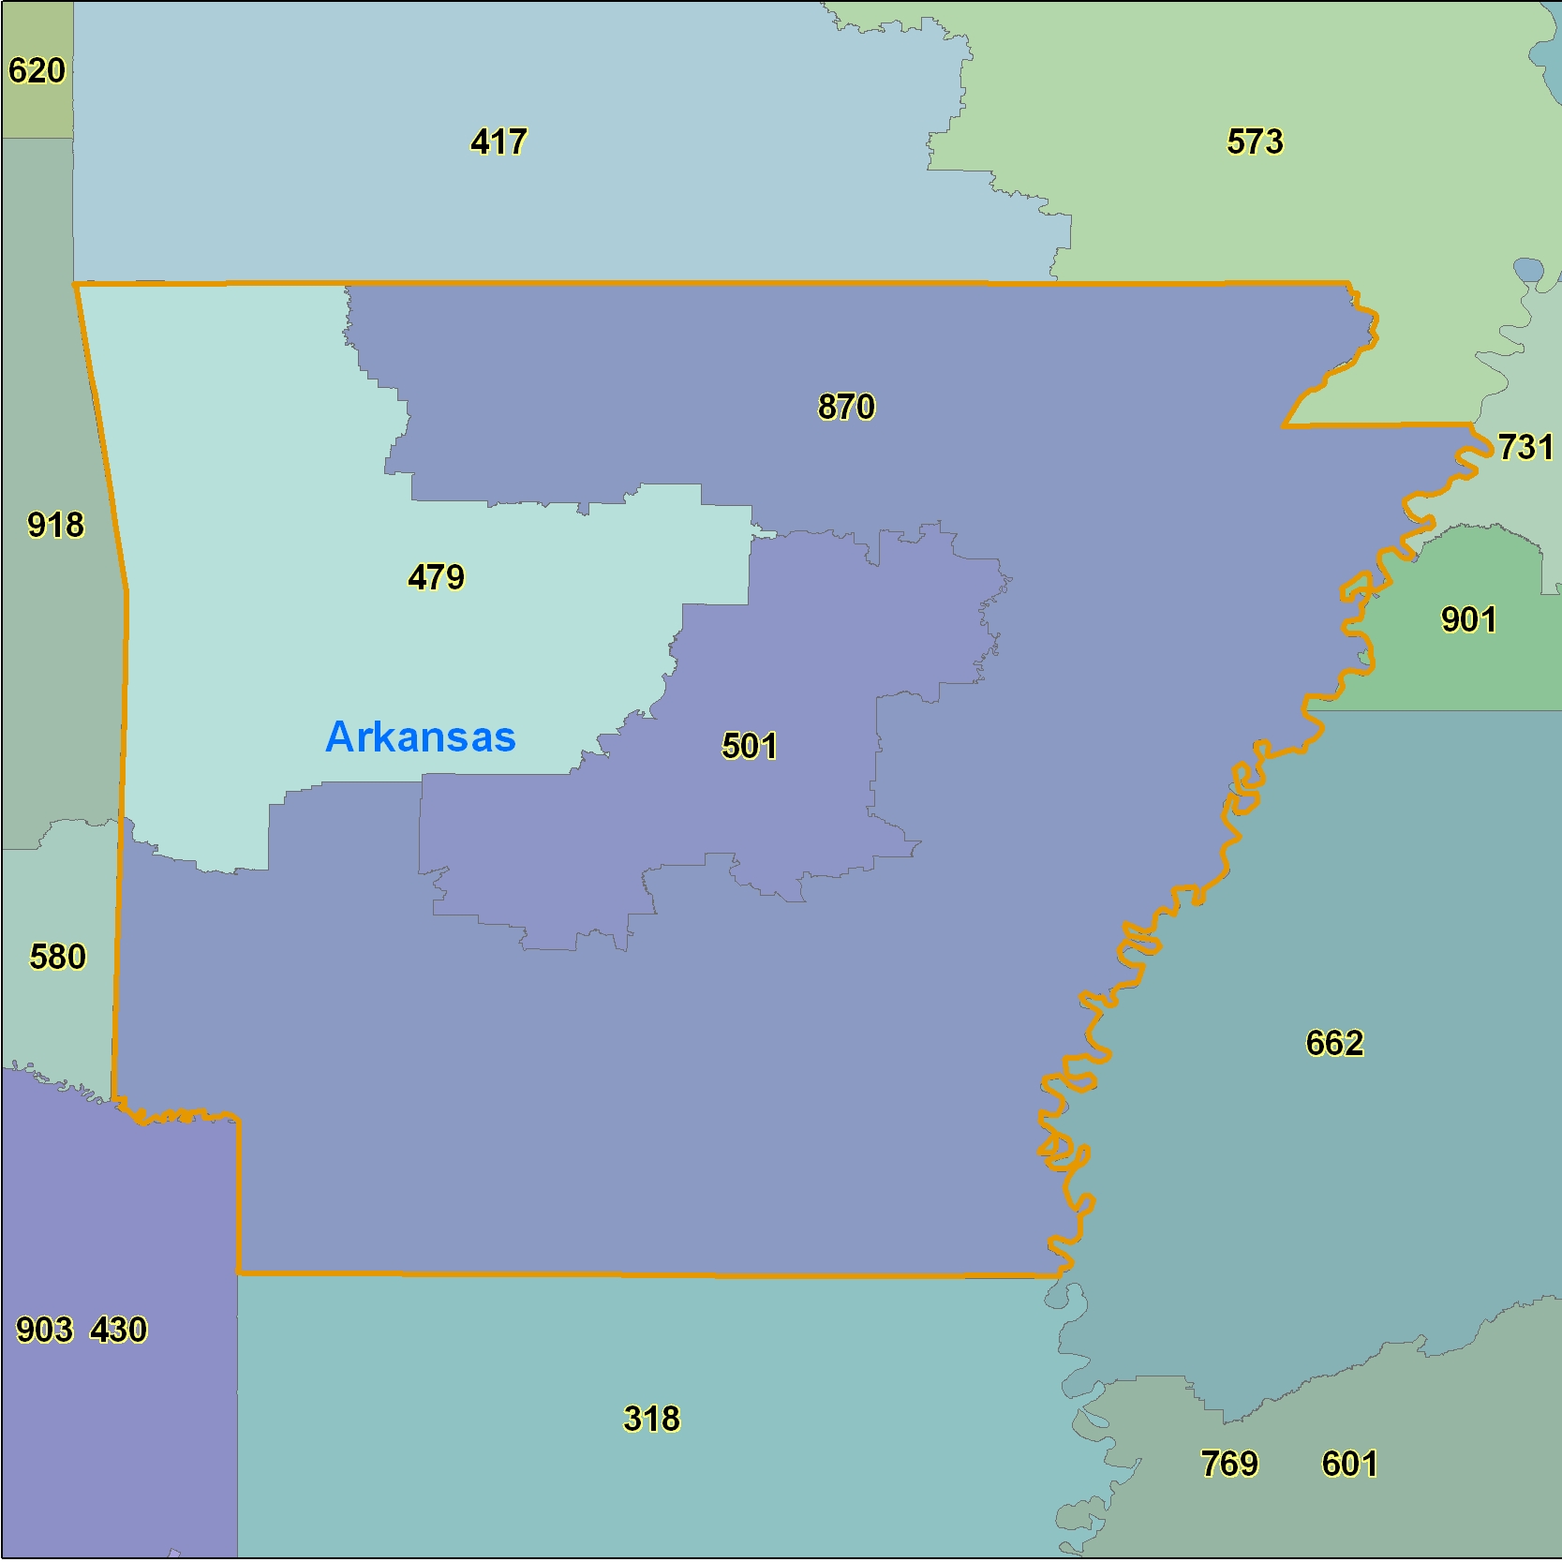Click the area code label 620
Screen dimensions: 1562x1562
point(37,71)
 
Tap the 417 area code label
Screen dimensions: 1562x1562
point(498,142)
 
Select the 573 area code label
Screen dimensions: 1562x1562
point(1255,142)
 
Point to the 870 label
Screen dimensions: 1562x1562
point(846,408)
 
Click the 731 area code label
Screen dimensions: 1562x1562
point(1525,448)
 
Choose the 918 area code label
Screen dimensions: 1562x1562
point(55,526)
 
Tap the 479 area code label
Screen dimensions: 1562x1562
point(436,577)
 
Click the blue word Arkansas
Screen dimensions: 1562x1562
point(420,737)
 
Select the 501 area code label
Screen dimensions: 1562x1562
point(749,747)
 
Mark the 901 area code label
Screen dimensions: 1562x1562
point(1468,620)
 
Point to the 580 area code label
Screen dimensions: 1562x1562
point(57,958)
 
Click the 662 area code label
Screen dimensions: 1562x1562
point(1334,1044)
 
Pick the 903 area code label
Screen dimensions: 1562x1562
point(44,1331)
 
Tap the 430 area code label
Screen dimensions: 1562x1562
point(119,1331)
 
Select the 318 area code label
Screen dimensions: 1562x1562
point(651,1420)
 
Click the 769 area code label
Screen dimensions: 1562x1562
point(1229,1465)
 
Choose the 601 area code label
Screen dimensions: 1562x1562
point(1349,1465)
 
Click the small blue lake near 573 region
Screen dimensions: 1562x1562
point(1528,272)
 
